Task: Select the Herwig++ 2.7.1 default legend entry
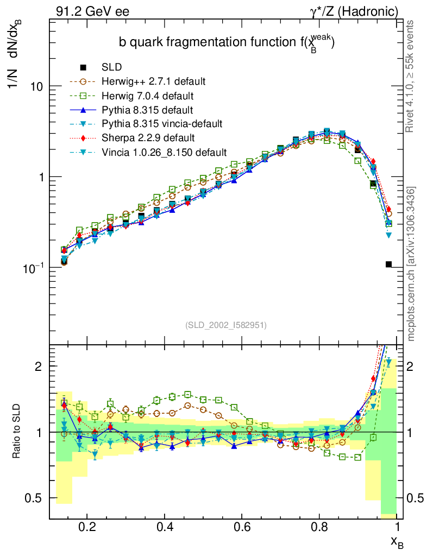(x=153, y=81)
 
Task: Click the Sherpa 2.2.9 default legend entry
(x=148, y=138)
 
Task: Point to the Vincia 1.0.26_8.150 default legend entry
(x=164, y=152)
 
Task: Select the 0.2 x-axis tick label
(x=87, y=527)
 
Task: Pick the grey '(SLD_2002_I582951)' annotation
(x=226, y=325)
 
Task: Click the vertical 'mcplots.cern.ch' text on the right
(x=411, y=264)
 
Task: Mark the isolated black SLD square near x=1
(x=388, y=264)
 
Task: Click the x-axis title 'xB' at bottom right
(x=397, y=541)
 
